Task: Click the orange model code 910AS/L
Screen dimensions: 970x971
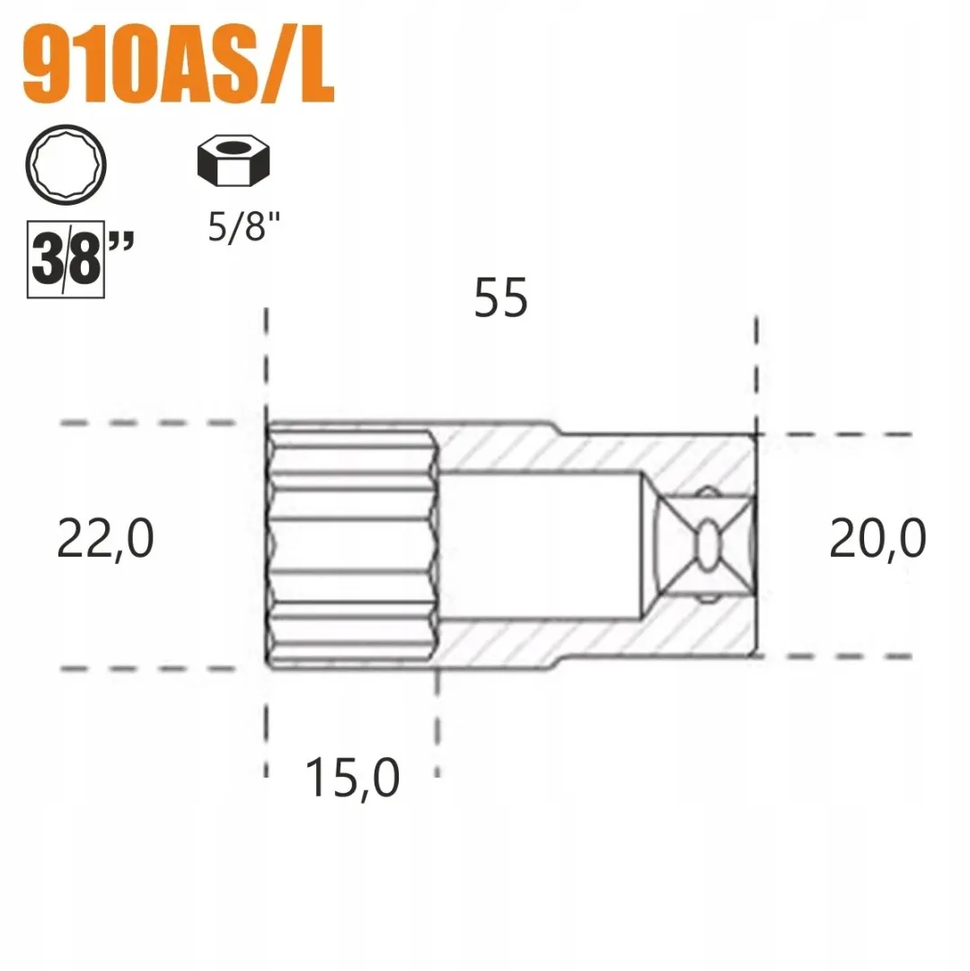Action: tap(178, 64)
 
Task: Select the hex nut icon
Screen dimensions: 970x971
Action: tap(234, 160)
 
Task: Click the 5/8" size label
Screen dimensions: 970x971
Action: tap(244, 226)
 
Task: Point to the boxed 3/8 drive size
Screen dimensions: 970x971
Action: tap(66, 259)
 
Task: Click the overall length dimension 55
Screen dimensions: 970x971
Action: tap(501, 298)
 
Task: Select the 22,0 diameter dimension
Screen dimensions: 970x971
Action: tap(105, 539)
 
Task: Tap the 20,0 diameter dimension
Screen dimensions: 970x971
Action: tap(877, 538)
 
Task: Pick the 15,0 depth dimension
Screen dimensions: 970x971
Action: tap(352, 778)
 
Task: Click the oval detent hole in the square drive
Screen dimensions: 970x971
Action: tap(708, 543)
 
